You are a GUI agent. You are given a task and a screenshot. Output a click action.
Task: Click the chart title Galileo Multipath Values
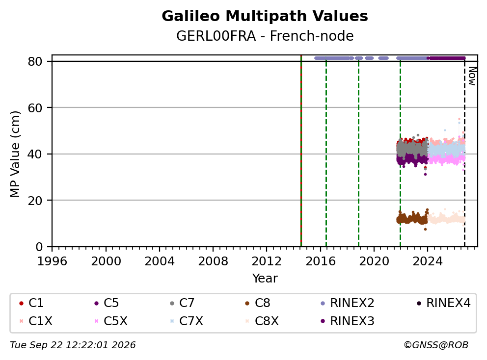tap(265, 16)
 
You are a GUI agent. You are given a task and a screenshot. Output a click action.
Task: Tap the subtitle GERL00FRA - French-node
tap(265, 36)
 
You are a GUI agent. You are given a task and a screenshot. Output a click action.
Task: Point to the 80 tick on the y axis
tap(35, 61)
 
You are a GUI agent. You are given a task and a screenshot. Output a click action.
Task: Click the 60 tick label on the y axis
tap(35, 108)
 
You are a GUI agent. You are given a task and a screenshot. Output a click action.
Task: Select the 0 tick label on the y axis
tap(39, 247)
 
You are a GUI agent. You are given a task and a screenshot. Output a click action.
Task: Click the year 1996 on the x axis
tap(52, 261)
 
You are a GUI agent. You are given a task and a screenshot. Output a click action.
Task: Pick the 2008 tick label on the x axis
tap(213, 261)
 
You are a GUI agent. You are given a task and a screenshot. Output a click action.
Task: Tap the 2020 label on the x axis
tap(374, 261)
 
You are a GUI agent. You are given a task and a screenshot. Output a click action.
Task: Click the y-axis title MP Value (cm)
tap(15, 154)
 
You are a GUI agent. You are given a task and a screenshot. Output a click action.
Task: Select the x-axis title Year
tap(265, 278)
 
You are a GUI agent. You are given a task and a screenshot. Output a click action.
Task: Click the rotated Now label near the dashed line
tap(472, 77)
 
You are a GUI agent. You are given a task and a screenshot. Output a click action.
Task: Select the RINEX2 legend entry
tap(347, 303)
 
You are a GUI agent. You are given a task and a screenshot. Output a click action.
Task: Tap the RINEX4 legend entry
tap(443, 303)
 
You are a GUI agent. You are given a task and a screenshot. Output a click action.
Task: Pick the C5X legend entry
tap(111, 321)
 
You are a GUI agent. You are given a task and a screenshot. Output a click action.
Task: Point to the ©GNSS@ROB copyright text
tap(436, 345)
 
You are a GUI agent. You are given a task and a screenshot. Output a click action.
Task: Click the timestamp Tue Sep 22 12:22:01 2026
tap(73, 345)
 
